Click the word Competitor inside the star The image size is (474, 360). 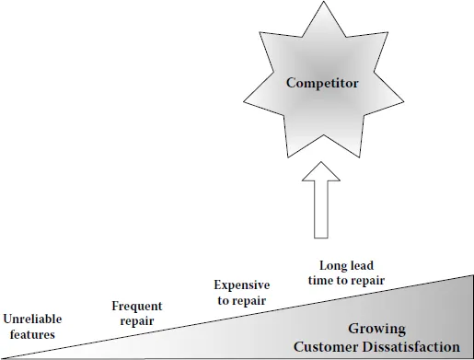click(321, 83)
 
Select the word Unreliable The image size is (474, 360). click(32, 320)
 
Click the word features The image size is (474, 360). click(32, 334)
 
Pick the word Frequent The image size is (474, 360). click(136, 306)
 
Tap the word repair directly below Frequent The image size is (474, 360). click(136, 320)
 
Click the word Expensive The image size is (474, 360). click(241, 285)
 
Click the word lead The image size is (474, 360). click(363, 265)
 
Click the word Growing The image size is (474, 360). click(376, 329)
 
